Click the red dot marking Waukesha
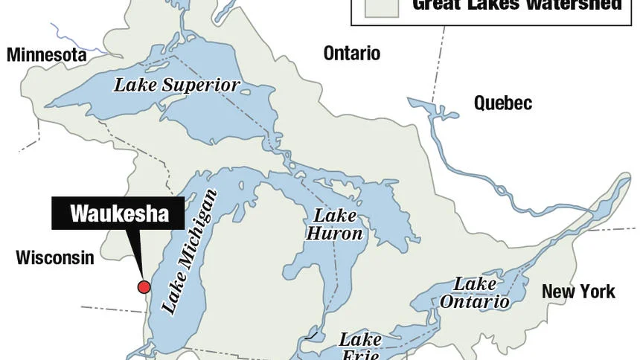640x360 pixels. [x=144, y=287]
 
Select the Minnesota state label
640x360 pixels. [x=47, y=55]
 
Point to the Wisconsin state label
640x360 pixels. [x=55, y=258]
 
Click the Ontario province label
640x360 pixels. [x=352, y=54]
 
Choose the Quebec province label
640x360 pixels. [x=503, y=103]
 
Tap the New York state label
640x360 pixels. [x=578, y=292]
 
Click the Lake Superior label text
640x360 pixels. [x=177, y=85]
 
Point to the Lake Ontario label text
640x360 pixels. [x=475, y=293]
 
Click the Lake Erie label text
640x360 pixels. [x=360, y=347]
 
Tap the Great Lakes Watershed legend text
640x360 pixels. [x=516, y=5]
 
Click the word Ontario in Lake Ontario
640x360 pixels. [x=475, y=301]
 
